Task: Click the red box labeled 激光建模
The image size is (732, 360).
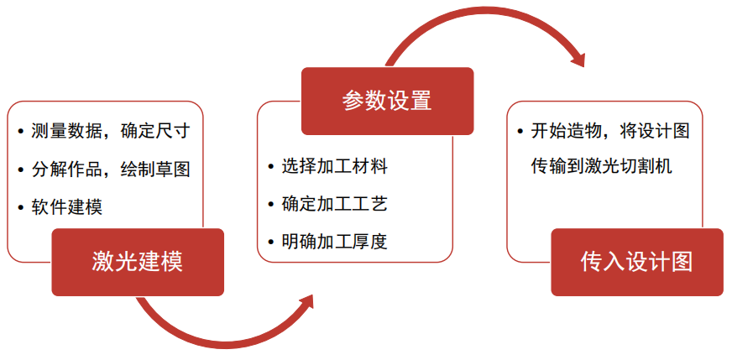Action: coord(138,262)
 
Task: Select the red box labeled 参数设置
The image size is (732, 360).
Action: coord(387,101)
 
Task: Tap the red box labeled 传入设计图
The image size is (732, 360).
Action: coord(636,262)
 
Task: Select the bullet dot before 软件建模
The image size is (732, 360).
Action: coord(20,206)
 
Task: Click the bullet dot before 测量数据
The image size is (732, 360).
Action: coord(20,132)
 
